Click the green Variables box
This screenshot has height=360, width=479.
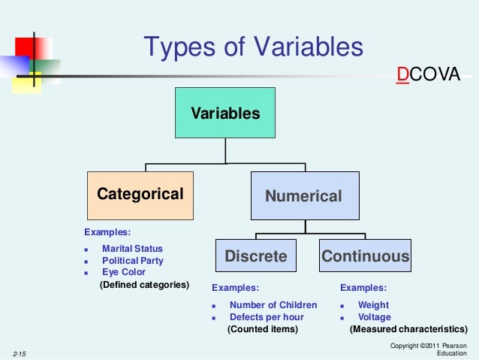pyautogui.click(x=224, y=113)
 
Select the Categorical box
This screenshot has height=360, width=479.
pyautogui.click(x=140, y=195)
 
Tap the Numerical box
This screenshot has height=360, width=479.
pyautogui.click(x=304, y=195)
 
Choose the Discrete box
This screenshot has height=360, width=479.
pyautogui.click(x=256, y=256)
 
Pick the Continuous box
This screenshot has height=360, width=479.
pyautogui.click(x=366, y=256)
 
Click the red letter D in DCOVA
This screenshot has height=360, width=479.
pyautogui.click(x=403, y=75)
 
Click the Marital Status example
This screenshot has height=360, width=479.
pyautogui.click(x=132, y=248)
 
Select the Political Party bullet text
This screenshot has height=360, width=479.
pyautogui.click(x=132, y=261)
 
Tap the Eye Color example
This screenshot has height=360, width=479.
pyautogui.click(x=124, y=272)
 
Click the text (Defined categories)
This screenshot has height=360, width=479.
pyautogui.click(x=144, y=286)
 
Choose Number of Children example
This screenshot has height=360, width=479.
pyautogui.click(x=273, y=305)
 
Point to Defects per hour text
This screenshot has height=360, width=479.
pyautogui.click(x=267, y=317)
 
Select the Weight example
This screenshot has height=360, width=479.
pyautogui.click(x=373, y=305)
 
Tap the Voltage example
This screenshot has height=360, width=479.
pyautogui.click(x=374, y=317)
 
